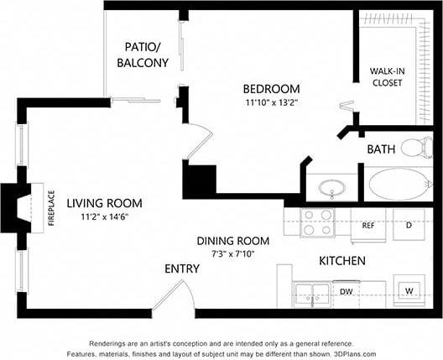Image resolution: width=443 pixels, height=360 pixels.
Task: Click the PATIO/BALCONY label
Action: tap(147, 55)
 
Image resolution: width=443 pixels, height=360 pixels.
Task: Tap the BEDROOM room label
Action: tap(271, 89)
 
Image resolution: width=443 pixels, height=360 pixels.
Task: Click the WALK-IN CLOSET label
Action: tap(387, 77)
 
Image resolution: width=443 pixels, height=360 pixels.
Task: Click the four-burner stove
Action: tap(318, 222)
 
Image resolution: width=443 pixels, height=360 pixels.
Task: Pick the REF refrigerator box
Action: tap(367, 225)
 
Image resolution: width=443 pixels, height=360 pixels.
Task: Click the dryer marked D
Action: tap(409, 225)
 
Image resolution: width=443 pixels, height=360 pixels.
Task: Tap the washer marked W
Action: tap(409, 291)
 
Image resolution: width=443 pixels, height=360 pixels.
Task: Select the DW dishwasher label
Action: tap(346, 292)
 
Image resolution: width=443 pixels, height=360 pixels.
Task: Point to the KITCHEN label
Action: tap(342, 261)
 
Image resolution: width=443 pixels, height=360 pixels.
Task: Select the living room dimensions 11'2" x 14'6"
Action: tap(104, 217)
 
